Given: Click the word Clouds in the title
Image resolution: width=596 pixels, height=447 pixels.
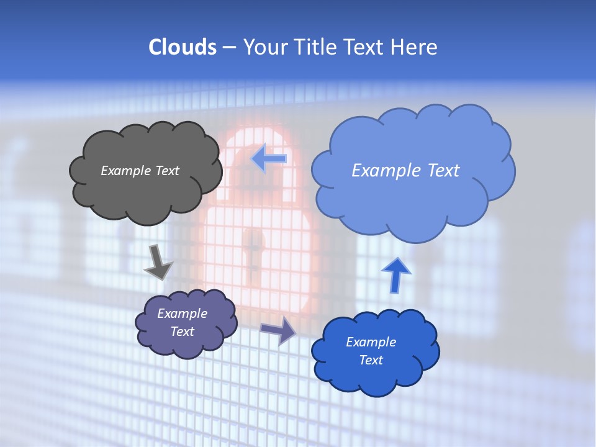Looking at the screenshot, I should click(x=182, y=47).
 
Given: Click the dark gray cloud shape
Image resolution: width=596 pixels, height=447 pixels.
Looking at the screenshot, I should click(x=146, y=192).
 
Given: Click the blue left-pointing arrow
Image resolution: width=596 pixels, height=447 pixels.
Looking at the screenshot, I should click(x=269, y=158).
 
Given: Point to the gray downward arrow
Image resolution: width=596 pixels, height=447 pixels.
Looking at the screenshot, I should click(x=158, y=263).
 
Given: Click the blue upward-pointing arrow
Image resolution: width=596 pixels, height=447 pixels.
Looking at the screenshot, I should click(x=395, y=274).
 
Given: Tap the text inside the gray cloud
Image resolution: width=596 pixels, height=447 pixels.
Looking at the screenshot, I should click(x=140, y=171).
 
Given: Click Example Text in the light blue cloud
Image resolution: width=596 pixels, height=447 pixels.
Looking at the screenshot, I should click(x=405, y=171).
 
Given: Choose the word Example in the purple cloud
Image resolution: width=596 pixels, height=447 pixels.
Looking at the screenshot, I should click(x=182, y=314).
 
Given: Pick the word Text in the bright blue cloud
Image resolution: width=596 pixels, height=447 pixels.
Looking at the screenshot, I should click(x=371, y=360).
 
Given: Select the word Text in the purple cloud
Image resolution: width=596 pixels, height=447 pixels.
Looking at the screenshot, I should click(x=182, y=332).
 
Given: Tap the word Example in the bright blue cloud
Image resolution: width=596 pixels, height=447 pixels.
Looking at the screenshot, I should click(x=371, y=342).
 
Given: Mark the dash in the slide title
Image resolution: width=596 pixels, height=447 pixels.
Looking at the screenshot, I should click(x=228, y=47).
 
